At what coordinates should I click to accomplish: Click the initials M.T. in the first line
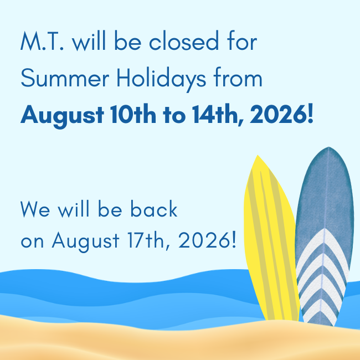pos(42,42)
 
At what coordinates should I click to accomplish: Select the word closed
pos(184,40)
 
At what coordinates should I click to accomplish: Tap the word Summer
pos(65,78)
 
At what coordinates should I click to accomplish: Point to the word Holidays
pos(161,79)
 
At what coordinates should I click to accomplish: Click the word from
pos(238,77)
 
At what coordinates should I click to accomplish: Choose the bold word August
pos(62,116)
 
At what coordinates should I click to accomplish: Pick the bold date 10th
pos(133,114)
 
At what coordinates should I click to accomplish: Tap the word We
pos(35,209)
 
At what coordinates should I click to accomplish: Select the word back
pos(154,208)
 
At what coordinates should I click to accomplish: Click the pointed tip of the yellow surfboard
pos(258,155)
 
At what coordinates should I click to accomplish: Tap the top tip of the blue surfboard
pos(329,147)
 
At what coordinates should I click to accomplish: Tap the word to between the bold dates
pos(174,115)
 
